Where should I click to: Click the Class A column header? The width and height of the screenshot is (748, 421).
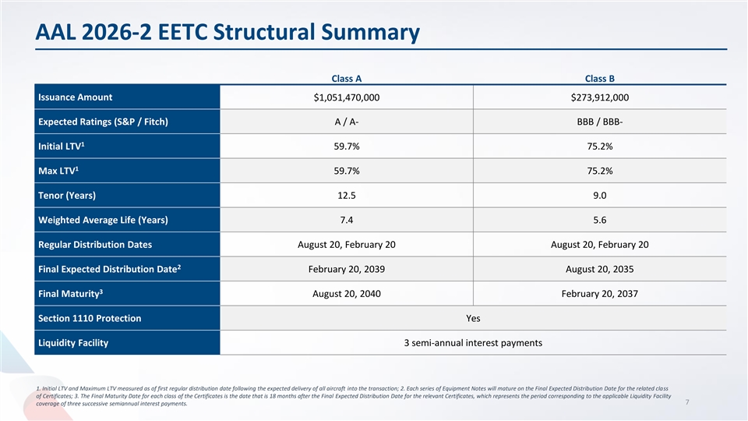click(346, 78)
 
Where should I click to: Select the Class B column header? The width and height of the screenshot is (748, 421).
click(600, 78)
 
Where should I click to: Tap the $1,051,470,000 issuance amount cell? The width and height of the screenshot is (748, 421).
click(346, 97)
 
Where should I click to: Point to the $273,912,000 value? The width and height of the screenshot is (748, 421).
click(600, 97)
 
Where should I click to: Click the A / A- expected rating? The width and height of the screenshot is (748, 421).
click(346, 122)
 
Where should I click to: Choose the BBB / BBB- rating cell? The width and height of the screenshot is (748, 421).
click(600, 122)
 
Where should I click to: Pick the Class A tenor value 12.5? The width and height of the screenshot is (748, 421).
click(346, 195)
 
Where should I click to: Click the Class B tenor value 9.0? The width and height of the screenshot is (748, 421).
click(600, 195)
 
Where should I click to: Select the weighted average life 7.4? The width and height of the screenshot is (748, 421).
click(346, 220)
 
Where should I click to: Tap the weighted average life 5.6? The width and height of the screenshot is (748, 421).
click(600, 220)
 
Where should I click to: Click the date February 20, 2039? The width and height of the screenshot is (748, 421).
click(346, 269)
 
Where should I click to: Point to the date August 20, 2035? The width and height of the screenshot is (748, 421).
click(600, 269)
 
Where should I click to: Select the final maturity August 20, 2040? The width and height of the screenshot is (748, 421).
click(346, 294)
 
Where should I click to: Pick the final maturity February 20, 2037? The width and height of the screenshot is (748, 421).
click(600, 294)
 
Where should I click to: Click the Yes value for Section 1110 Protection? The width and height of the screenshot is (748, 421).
click(473, 318)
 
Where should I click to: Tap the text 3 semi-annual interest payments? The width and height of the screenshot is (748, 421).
click(473, 343)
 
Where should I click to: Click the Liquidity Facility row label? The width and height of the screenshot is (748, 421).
click(73, 343)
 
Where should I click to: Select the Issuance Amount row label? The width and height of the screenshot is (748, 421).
click(75, 97)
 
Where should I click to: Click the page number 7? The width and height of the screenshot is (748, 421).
click(687, 402)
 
